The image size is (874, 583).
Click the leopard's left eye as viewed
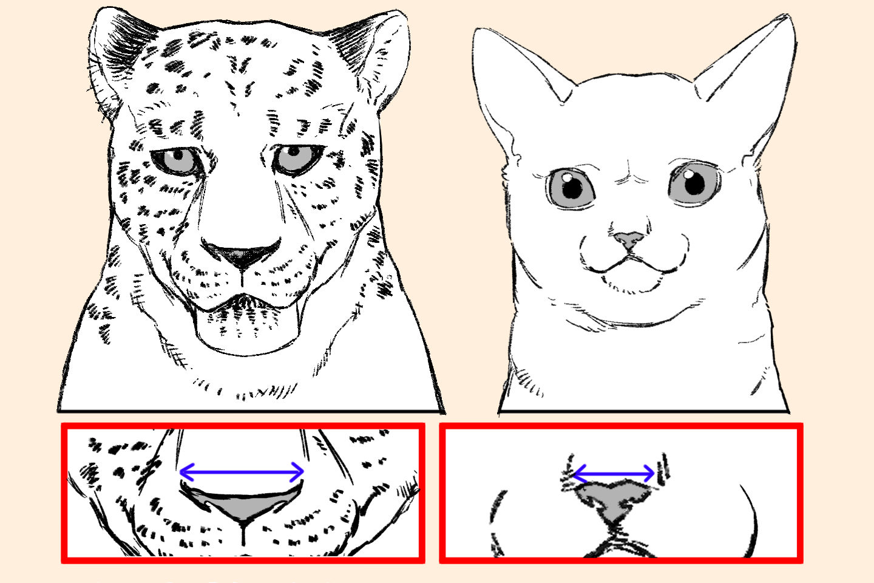click(176, 161)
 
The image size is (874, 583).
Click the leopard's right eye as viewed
click(296, 158)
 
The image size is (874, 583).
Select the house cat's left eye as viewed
click(572, 188)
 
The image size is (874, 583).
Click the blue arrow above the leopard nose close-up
click(242, 471)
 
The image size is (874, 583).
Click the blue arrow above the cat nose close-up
click(614, 472)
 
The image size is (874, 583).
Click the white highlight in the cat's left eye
click(564, 177)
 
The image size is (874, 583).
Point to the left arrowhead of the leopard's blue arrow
click(184, 471)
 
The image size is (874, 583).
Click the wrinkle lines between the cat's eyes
click(631, 176)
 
